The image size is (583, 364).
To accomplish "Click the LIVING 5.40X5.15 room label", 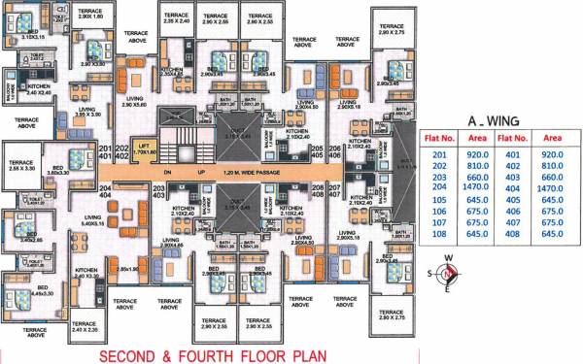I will [93, 220].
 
